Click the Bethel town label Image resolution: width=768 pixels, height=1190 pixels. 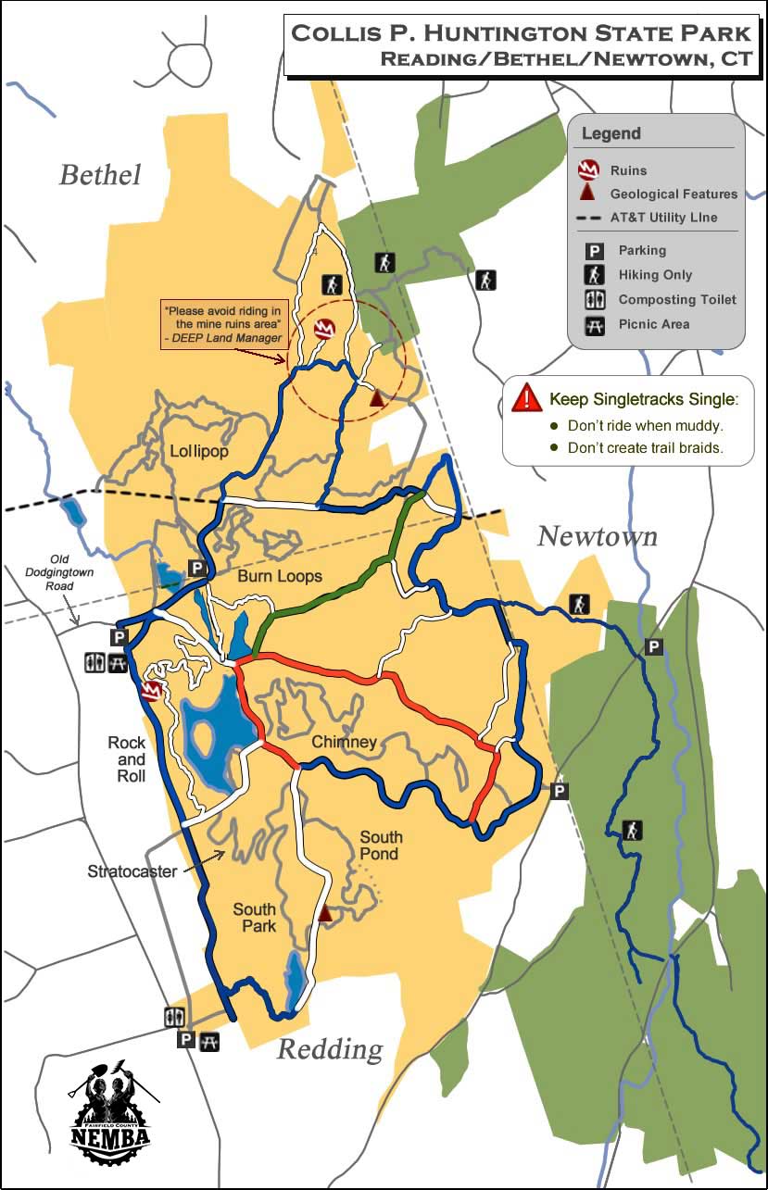[100, 174]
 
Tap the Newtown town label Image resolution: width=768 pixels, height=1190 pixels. [598, 536]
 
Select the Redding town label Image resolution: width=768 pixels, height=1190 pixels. [330, 1049]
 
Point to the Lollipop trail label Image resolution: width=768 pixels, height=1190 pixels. [199, 452]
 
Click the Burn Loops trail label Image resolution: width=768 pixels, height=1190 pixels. [280, 576]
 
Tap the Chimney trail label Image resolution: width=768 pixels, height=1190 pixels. [344, 742]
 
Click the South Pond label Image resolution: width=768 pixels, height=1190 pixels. [382, 845]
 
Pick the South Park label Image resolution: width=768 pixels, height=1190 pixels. [255, 918]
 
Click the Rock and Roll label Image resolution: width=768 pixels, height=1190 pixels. [127, 759]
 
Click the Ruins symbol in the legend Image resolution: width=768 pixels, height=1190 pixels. [588, 170]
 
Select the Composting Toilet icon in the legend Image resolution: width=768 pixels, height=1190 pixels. [595, 299]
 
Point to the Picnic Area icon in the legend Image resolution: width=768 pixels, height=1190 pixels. [595, 324]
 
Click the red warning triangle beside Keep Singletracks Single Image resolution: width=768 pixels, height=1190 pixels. [526, 397]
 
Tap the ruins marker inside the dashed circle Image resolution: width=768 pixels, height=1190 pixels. [324, 329]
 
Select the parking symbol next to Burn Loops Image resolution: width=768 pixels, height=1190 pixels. [196, 568]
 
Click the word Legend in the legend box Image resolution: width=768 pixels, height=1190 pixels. [611, 133]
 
